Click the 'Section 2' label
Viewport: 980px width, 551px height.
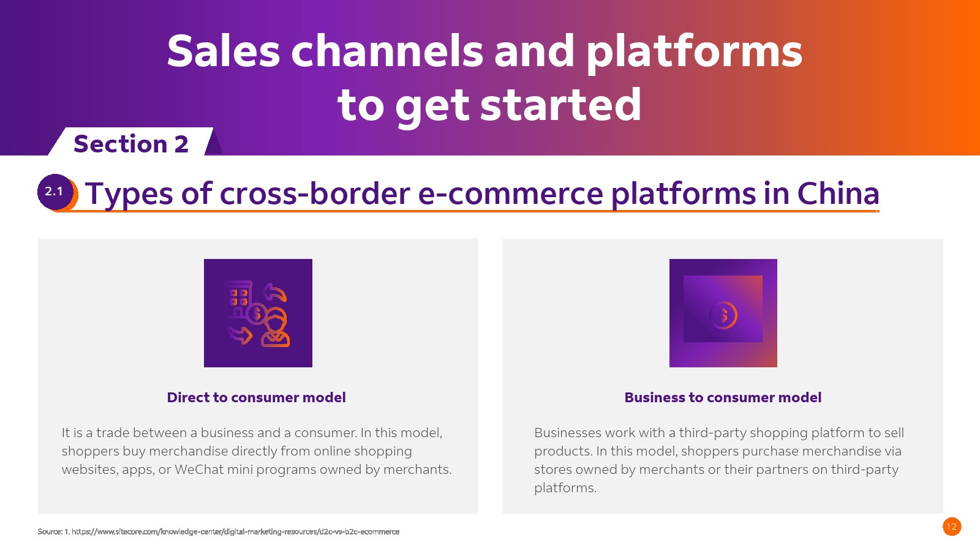(131, 144)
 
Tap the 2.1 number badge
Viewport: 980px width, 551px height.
(55, 192)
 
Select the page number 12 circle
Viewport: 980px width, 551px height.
(952, 527)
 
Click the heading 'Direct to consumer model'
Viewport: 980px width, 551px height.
(257, 397)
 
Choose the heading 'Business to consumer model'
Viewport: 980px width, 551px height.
(723, 397)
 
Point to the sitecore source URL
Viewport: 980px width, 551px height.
(235, 532)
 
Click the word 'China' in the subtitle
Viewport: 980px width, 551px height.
(838, 193)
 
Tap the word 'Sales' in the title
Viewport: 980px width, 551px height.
(224, 51)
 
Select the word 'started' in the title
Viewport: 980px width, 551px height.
(561, 105)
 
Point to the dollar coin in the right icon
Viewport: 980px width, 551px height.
(723, 315)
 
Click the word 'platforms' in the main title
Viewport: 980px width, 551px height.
(695, 53)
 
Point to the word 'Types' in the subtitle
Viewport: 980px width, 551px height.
(129, 195)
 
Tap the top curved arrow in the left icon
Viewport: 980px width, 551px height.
(275, 293)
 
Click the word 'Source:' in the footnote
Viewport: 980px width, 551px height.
(50, 532)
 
